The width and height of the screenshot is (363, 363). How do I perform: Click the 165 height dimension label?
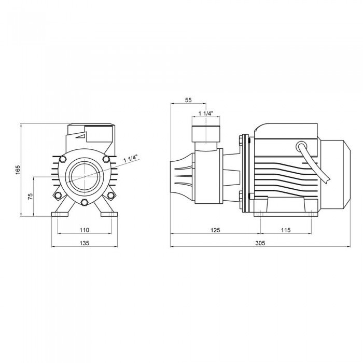coord(18,170)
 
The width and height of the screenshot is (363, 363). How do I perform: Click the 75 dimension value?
coord(30,197)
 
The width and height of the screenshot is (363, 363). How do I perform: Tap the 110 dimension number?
coord(84,230)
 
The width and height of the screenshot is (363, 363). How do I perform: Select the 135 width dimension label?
coord(84,243)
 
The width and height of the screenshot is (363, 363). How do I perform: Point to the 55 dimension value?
coord(188,100)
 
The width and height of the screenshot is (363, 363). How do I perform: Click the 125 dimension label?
coord(215,230)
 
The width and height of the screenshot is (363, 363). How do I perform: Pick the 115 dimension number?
coord(286,230)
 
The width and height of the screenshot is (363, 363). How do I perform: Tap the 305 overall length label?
coord(260,243)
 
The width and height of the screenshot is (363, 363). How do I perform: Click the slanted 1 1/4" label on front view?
coord(131,159)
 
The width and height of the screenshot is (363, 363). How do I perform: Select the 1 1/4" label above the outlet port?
coord(206,114)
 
